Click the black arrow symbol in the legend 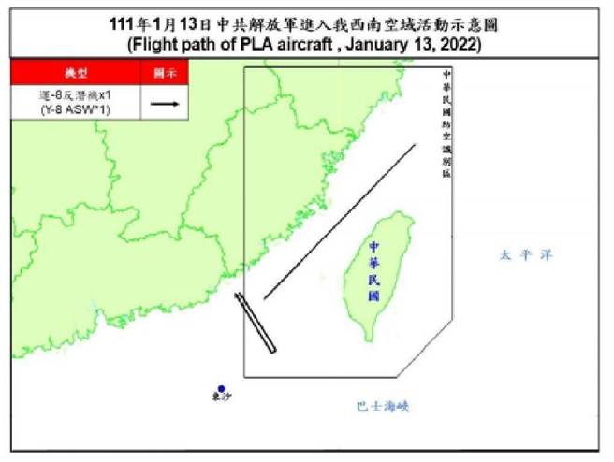[x=163, y=103]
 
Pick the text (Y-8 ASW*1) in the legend [x=75, y=110]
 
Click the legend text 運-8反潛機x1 [x=75, y=94]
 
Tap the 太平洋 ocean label [x=519, y=254]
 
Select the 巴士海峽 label [x=383, y=407]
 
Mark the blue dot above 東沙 [x=221, y=388]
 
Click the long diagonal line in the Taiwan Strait [x=340, y=222]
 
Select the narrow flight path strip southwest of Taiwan [x=257, y=325]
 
